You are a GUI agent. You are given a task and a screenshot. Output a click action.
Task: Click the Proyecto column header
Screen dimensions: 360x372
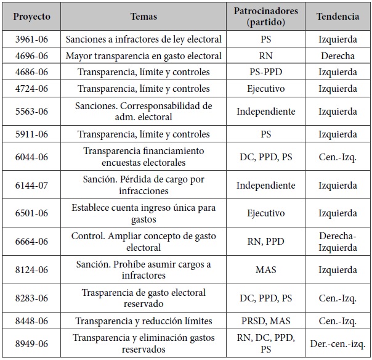(x=32, y=16)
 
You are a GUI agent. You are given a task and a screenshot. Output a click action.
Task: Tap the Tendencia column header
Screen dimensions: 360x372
(x=338, y=16)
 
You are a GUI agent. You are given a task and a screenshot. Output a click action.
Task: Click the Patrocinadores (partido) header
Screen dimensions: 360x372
(x=265, y=16)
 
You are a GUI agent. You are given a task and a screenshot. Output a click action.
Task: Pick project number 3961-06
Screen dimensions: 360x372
(x=32, y=39)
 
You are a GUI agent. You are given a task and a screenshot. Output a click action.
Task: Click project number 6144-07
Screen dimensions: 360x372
(x=32, y=185)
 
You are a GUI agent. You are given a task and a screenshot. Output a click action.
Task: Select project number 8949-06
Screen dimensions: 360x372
(x=32, y=343)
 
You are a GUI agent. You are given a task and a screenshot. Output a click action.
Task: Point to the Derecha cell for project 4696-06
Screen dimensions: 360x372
(x=338, y=55)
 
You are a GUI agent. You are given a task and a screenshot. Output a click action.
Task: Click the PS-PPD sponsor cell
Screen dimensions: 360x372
(x=265, y=72)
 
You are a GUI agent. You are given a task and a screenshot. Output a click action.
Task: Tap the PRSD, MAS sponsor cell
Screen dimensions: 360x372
(x=265, y=321)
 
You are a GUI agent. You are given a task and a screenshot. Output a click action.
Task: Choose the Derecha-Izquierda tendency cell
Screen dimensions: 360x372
(x=338, y=242)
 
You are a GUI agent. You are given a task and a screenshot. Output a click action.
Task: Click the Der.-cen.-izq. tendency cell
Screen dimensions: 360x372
(x=338, y=343)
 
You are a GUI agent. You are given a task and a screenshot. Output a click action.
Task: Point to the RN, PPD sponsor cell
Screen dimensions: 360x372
(x=265, y=242)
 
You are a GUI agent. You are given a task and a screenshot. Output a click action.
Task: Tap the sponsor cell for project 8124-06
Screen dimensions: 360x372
(x=265, y=270)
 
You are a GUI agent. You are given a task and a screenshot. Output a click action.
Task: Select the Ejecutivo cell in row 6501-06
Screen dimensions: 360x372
(x=265, y=213)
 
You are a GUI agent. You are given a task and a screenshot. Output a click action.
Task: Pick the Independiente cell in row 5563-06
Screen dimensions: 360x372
(x=265, y=112)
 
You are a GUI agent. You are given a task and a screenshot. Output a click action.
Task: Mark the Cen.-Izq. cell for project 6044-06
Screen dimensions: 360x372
(x=338, y=157)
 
